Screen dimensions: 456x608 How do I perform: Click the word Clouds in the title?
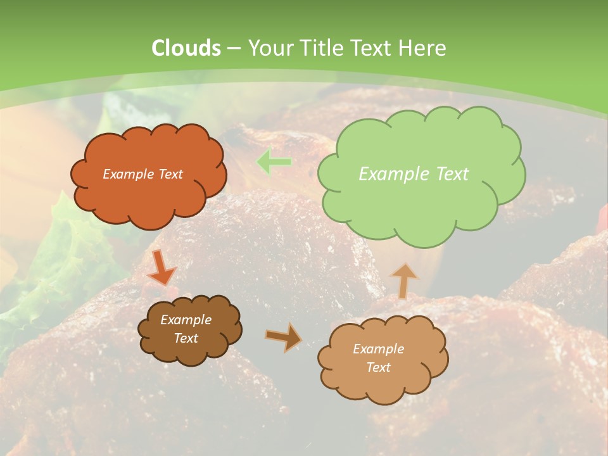coord(186,48)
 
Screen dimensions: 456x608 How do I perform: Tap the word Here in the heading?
coord(424,48)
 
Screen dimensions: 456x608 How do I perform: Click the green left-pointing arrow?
coord(274,163)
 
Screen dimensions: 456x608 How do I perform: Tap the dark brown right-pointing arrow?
coord(284,337)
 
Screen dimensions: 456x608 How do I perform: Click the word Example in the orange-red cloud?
coord(128,174)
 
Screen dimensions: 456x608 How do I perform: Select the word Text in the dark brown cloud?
coord(186,338)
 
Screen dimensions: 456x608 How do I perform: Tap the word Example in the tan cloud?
coord(378,349)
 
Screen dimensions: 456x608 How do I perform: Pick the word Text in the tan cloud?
coord(378,367)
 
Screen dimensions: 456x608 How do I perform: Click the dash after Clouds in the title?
coord(234,48)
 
